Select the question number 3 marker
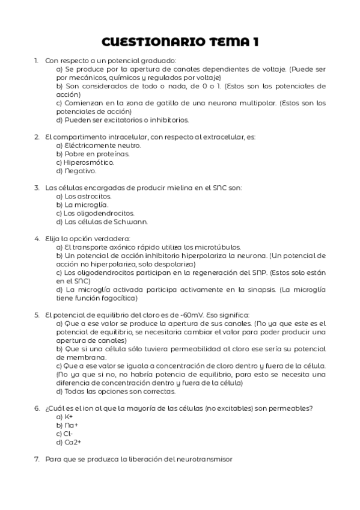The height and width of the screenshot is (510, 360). click(x=37, y=188)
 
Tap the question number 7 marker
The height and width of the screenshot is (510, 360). click(x=37, y=459)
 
